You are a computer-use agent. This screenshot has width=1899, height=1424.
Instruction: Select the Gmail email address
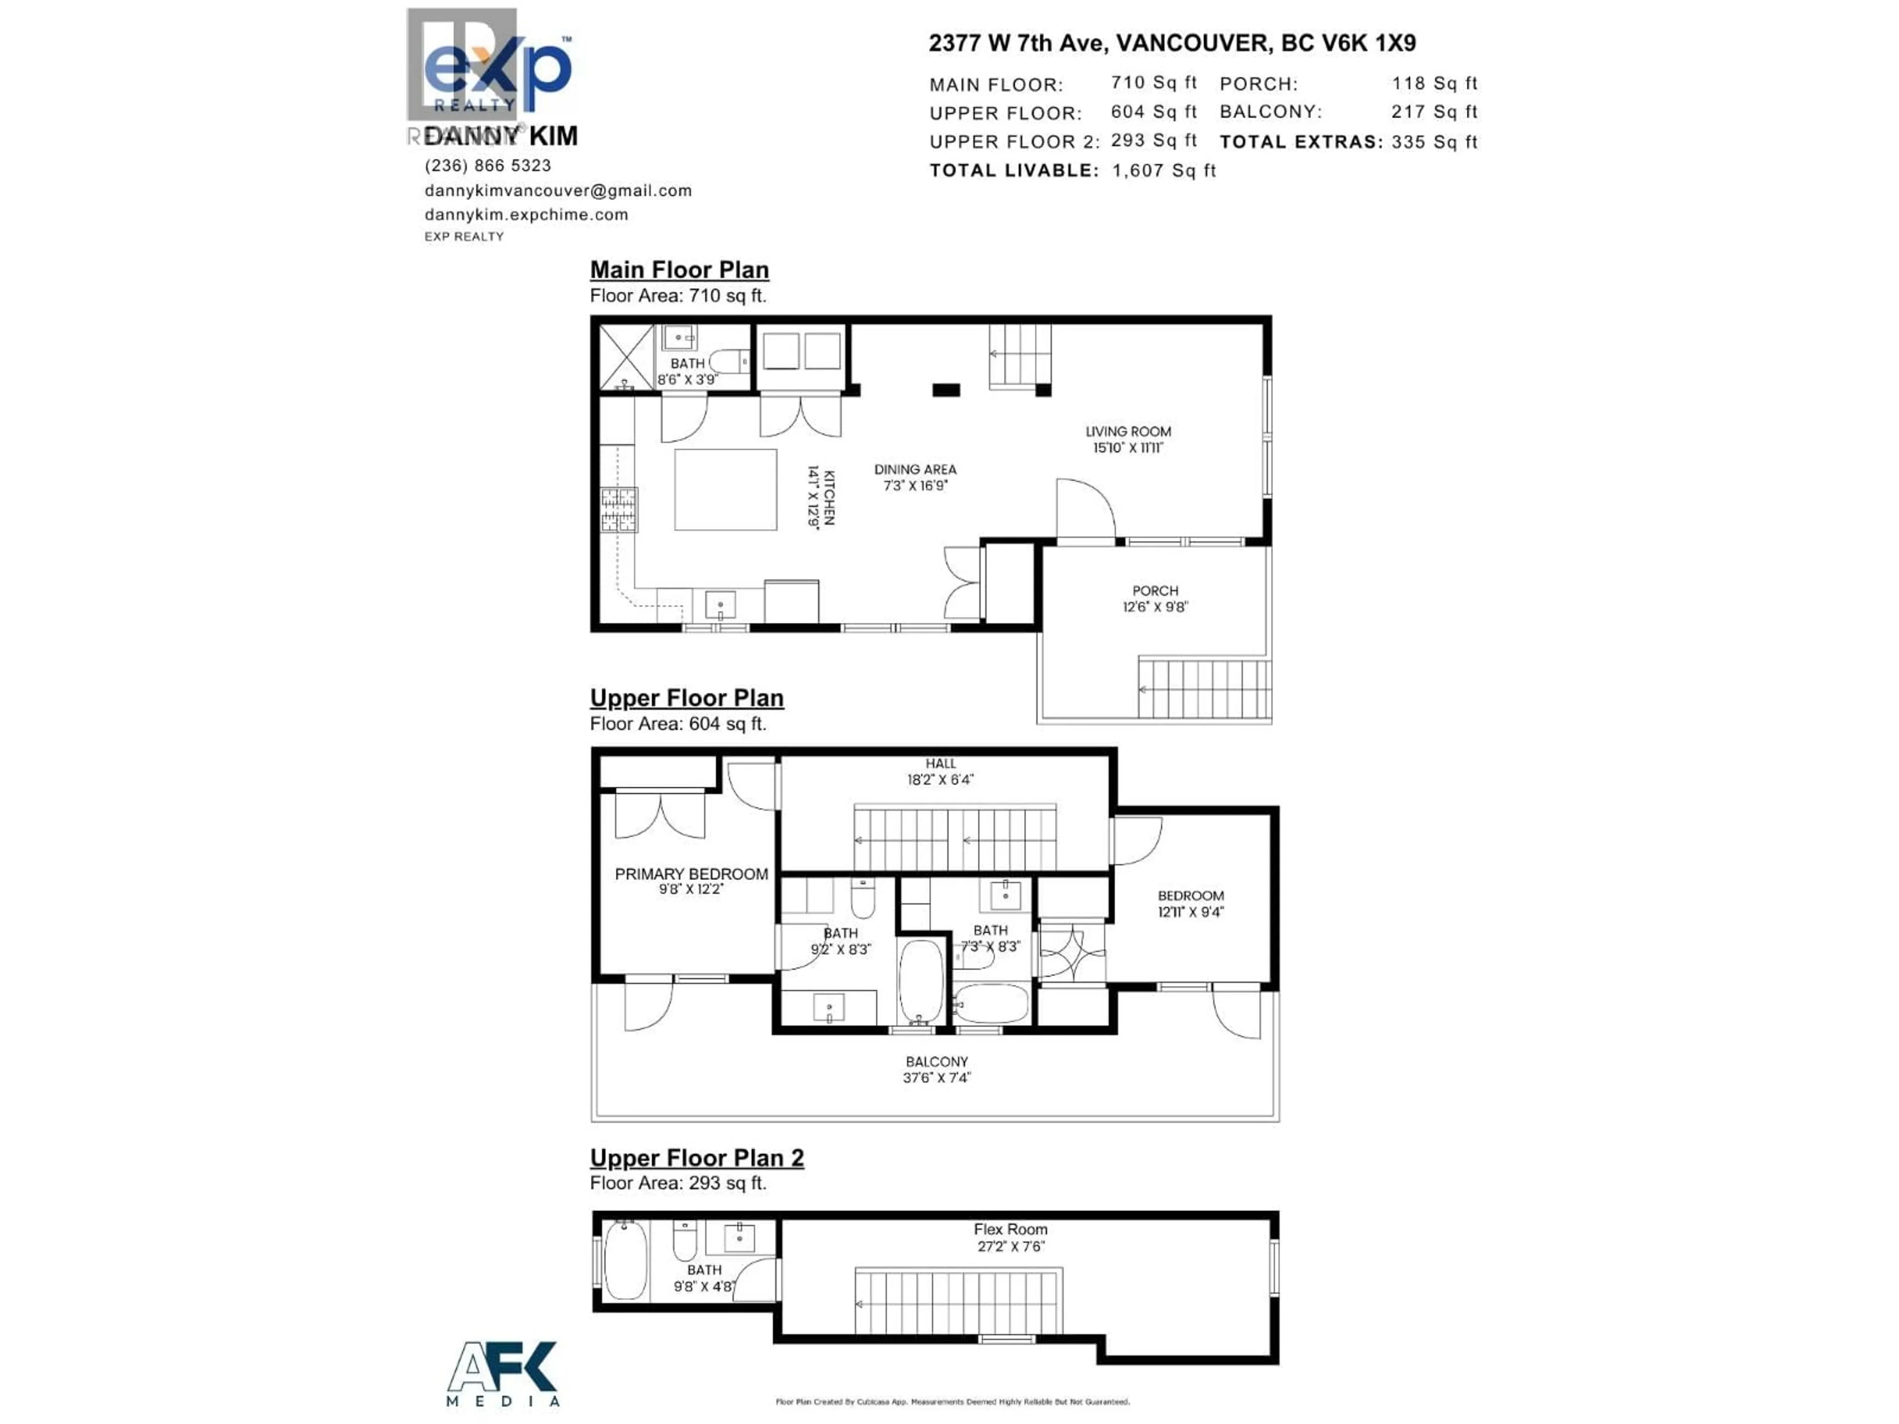coord(558,190)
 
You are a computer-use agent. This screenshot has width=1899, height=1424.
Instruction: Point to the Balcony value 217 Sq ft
coord(1434,112)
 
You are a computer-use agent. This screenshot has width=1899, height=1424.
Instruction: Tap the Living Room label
coord(1127,432)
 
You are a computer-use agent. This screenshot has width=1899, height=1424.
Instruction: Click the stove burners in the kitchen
coord(618,510)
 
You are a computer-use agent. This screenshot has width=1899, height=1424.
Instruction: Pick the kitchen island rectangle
coord(725,489)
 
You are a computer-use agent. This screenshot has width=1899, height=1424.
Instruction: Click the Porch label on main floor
coord(1155,590)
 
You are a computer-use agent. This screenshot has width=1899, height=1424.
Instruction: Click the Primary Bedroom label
coord(691,874)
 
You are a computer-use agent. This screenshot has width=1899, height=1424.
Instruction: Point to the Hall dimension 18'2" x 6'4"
coord(940,779)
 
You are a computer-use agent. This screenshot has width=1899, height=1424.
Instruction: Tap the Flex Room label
coord(1010,1229)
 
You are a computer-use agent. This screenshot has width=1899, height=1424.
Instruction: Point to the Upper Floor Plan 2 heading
coord(696,1158)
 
